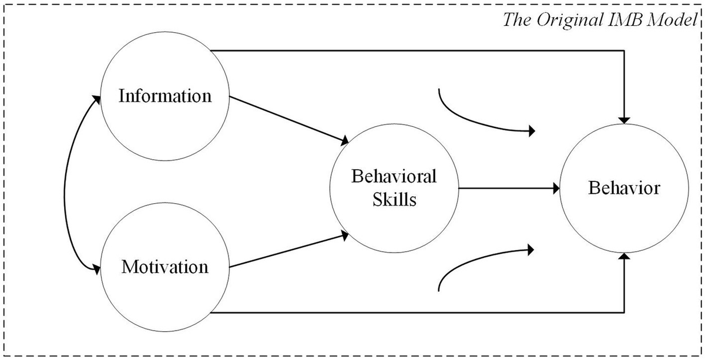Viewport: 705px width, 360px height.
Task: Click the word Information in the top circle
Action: (x=164, y=96)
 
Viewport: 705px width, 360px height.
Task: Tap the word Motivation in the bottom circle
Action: (x=164, y=267)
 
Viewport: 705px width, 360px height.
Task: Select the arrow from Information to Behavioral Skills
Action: (x=288, y=120)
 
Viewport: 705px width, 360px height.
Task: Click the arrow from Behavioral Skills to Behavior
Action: (x=508, y=189)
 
